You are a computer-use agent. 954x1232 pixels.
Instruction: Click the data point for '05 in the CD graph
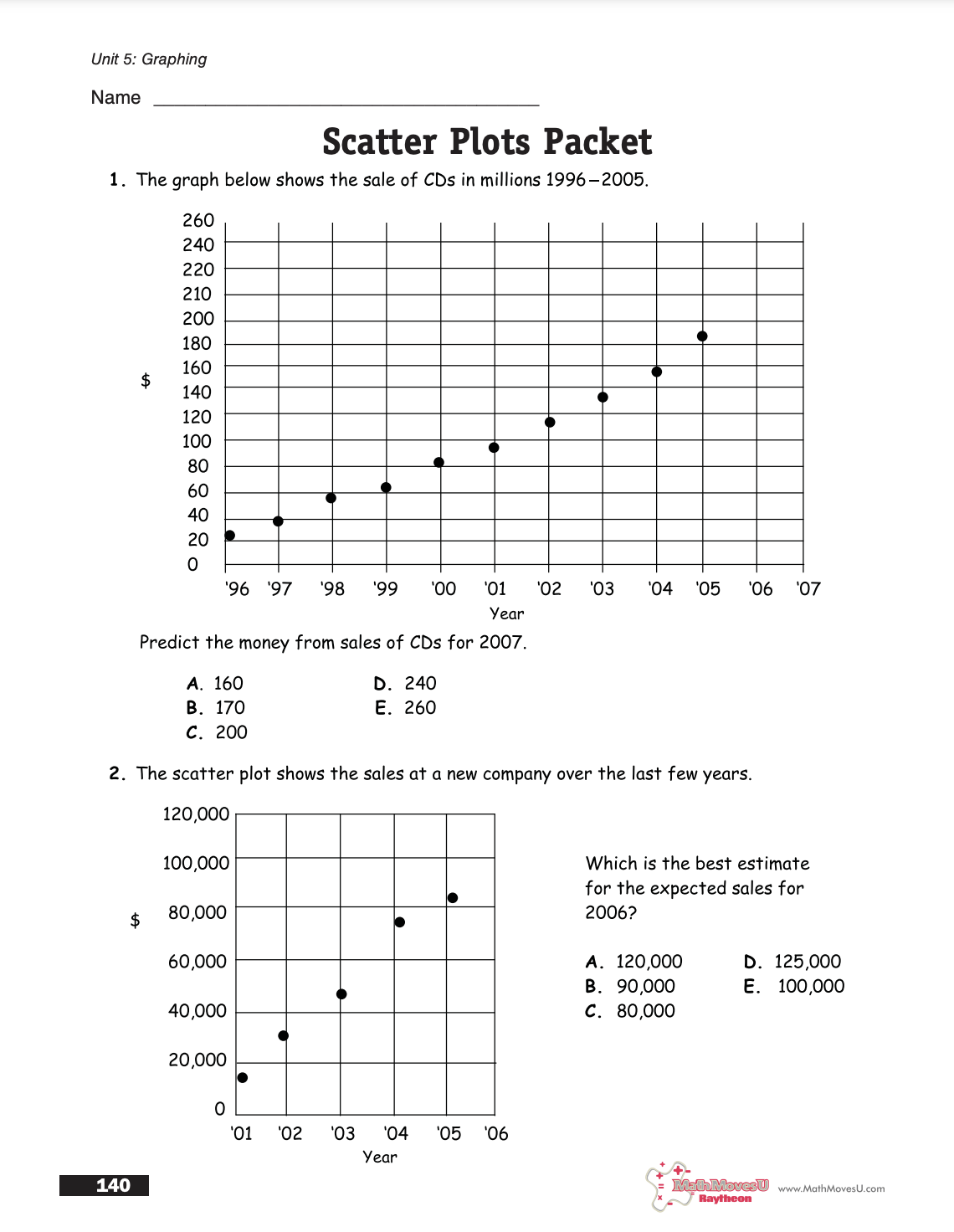(702, 336)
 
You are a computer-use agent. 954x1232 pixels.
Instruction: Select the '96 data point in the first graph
(230, 536)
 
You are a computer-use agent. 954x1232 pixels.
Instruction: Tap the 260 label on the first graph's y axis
(198, 221)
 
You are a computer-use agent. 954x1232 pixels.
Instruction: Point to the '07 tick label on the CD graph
(808, 589)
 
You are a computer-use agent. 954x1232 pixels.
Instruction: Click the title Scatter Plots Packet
(487, 142)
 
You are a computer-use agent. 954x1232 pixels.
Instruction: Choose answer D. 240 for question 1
(405, 684)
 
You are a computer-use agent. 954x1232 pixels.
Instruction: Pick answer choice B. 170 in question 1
(216, 708)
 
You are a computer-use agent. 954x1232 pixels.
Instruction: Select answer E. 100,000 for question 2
(794, 987)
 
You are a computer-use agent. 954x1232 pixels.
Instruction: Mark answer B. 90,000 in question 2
(630, 987)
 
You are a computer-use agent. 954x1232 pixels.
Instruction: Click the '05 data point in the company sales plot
(453, 898)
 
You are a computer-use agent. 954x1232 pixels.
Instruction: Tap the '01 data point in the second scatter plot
(243, 1078)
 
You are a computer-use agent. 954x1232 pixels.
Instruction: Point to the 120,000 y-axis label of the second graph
(196, 814)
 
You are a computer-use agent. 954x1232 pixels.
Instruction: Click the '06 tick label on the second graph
(496, 1134)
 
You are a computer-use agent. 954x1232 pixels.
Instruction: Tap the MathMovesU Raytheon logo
(709, 1187)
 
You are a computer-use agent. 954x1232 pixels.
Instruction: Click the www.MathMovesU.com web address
(831, 1188)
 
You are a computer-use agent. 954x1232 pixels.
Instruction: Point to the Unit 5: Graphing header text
(149, 59)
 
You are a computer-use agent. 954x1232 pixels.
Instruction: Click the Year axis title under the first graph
(506, 614)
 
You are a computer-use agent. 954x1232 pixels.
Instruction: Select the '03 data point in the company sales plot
(341, 994)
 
